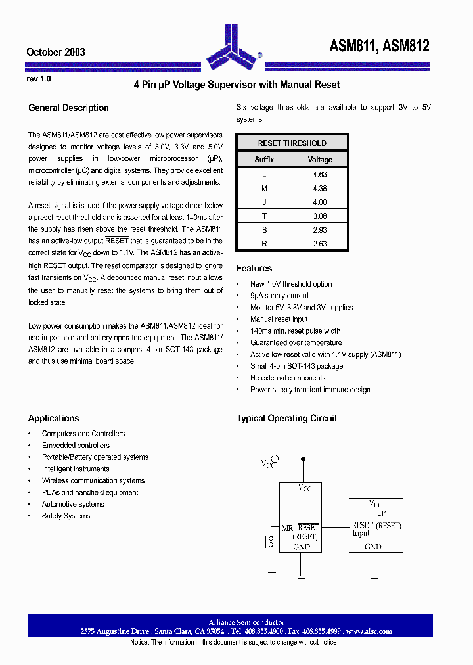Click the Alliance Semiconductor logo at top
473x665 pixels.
tap(234, 46)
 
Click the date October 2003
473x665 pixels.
tap(55, 52)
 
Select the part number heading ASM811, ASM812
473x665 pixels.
tap(379, 46)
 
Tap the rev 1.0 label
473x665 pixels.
tap(38, 79)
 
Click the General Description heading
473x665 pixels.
tap(68, 108)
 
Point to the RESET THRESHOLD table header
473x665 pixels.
tap(292, 143)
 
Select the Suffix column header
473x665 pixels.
tap(264, 160)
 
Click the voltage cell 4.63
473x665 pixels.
tap(320, 175)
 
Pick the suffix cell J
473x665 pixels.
tap(264, 202)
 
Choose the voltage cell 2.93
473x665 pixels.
tap(320, 230)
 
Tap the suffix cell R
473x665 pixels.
tap(264, 244)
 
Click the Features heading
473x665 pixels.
tap(254, 268)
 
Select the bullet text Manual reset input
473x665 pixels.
tap(279, 319)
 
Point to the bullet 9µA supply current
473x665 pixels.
tap(279, 296)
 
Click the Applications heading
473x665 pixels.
tap(53, 418)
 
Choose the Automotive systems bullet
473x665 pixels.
tap(73, 504)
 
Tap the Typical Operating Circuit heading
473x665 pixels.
tap(286, 418)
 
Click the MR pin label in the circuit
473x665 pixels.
tap(287, 527)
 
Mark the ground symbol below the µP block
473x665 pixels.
tap(374, 578)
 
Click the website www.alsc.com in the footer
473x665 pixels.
tap(369, 631)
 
